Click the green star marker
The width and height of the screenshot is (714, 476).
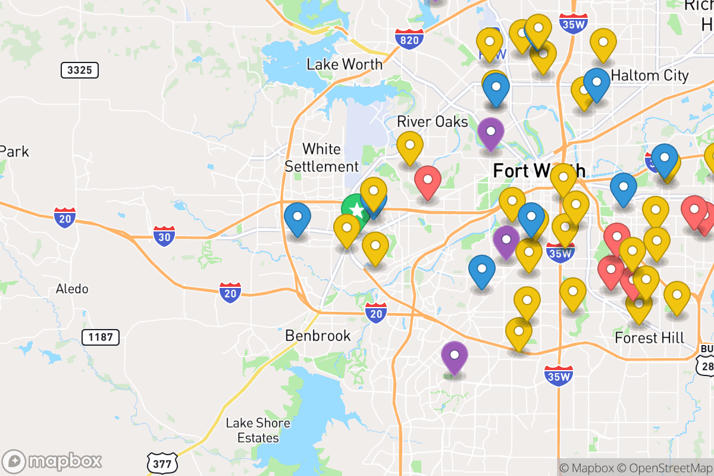click(x=355, y=209)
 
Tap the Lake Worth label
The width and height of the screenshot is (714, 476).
click(x=345, y=64)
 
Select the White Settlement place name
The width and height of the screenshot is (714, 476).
click(x=322, y=158)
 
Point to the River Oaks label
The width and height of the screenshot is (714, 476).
click(x=433, y=121)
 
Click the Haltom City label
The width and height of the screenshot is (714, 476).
click(x=650, y=76)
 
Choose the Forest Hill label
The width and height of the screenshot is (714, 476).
click(x=649, y=338)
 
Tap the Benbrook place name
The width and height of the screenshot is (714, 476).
click(x=318, y=336)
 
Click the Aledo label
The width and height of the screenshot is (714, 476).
click(x=72, y=289)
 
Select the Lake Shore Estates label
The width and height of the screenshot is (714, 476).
click(x=258, y=431)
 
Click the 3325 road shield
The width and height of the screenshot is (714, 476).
click(x=80, y=71)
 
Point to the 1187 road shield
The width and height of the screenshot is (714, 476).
click(x=100, y=337)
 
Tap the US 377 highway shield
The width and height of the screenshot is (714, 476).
click(x=162, y=462)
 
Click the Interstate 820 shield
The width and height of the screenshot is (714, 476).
click(x=409, y=39)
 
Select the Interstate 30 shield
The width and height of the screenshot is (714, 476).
click(x=164, y=236)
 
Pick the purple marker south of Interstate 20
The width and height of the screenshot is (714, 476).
click(x=455, y=355)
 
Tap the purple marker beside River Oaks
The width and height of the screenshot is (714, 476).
click(x=491, y=131)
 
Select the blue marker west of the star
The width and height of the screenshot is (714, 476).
click(x=297, y=217)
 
